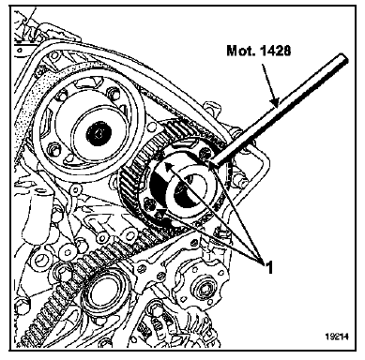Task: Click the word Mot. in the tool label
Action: coord(240,51)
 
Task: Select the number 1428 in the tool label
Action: coord(274,51)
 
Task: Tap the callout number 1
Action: coord(268,268)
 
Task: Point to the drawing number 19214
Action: coord(336,337)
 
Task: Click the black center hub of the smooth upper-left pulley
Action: coord(99,133)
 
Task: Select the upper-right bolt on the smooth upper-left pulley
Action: coord(114,92)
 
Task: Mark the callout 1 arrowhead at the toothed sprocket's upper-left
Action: coord(168,166)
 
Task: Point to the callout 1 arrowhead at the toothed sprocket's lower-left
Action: coord(160,214)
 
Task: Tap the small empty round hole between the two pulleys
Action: coord(152,127)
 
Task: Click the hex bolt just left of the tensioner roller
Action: coord(64,276)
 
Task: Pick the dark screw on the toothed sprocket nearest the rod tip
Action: coord(205,153)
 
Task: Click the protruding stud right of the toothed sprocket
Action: coord(243,182)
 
